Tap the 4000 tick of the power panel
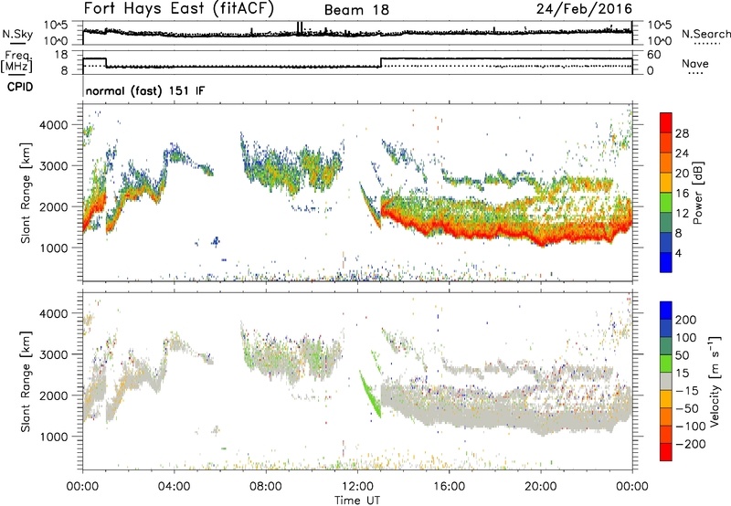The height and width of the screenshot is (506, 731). point(63,124)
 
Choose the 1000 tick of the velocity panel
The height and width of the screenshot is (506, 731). point(63,437)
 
